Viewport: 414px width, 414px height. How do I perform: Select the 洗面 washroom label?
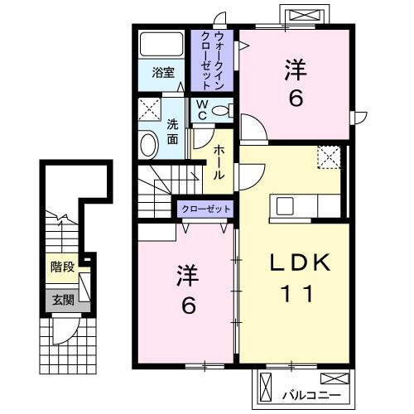(x=172, y=132)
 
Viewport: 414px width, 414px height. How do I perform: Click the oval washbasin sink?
(x=149, y=145)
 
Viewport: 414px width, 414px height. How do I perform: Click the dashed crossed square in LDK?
(x=328, y=156)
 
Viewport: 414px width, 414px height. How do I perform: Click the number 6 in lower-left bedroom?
(x=188, y=306)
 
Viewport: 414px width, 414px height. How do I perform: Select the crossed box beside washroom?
(x=149, y=109)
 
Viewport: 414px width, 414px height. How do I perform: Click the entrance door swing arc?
(x=63, y=333)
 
